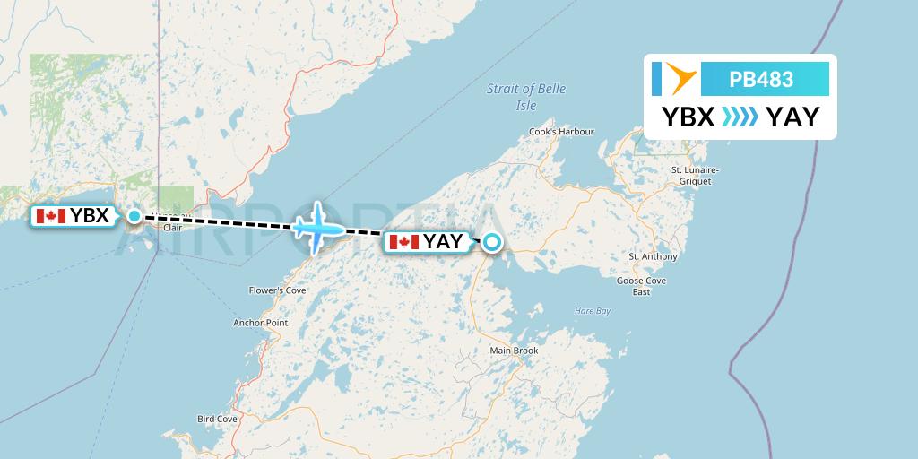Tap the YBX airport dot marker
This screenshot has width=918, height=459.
point(134,216)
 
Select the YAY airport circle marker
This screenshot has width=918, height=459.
point(492,241)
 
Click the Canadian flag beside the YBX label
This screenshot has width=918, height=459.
point(50,216)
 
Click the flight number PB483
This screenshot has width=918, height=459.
point(761,80)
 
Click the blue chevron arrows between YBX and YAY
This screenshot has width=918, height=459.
point(740,117)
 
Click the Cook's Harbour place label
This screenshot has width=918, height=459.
point(562,132)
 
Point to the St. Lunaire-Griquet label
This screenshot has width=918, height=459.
point(696,175)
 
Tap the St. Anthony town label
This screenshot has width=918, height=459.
point(653,256)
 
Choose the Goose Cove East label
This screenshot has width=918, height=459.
point(641,286)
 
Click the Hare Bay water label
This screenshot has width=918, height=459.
point(592,311)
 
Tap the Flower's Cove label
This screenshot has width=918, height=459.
point(278,290)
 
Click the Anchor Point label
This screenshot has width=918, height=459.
point(260,323)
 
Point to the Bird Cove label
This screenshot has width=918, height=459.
point(217,419)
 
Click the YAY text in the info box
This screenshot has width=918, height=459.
point(792,117)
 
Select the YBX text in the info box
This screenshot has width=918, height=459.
point(688,117)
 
